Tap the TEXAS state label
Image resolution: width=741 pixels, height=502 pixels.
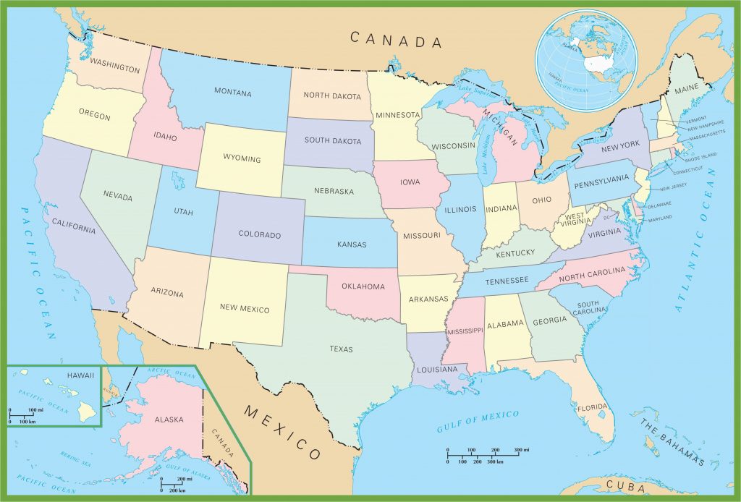(341, 349)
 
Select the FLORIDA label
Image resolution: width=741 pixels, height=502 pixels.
(592, 407)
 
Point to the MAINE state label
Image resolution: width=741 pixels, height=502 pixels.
(687, 92)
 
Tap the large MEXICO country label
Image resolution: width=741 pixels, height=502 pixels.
(282, 433)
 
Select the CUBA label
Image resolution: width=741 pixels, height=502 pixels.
(626, 485)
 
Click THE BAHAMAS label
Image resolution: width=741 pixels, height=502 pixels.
(672, 441)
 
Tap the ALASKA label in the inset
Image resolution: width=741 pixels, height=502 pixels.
(169, 419)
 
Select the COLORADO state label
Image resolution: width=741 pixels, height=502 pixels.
(260, 235)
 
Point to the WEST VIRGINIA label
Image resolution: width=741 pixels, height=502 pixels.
(575, 219)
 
